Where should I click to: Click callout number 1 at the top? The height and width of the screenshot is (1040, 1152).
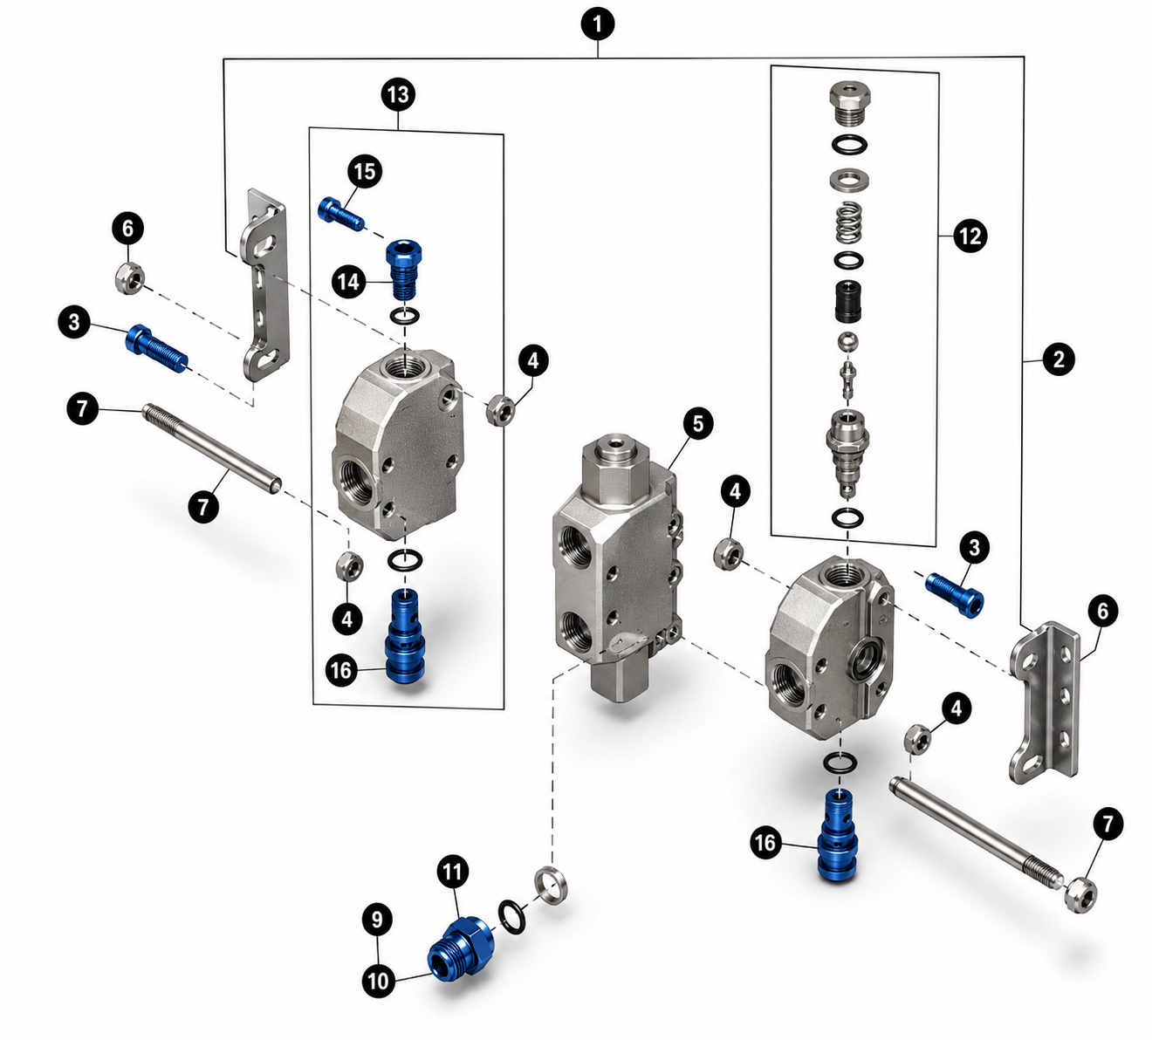tap(598, 25)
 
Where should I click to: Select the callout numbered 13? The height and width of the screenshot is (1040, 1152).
tap(398, 94)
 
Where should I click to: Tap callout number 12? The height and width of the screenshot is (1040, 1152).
tap(970, 236)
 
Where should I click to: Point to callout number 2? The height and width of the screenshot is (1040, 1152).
tap(1059, 359)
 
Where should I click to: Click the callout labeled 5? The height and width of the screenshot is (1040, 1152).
tap(697, 424)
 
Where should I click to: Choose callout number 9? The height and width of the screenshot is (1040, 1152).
tap(377, 920)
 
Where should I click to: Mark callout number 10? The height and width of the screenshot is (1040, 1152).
tap(378, 981)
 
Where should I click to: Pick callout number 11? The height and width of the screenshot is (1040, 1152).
tap(452, 872)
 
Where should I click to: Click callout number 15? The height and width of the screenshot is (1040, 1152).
tap(365, 172)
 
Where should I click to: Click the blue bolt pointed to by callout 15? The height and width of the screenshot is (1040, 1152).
tap(340, 214)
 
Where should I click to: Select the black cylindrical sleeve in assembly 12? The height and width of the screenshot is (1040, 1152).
tap(849, 301)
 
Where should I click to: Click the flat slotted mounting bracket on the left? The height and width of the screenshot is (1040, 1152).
tap(265, 284)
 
